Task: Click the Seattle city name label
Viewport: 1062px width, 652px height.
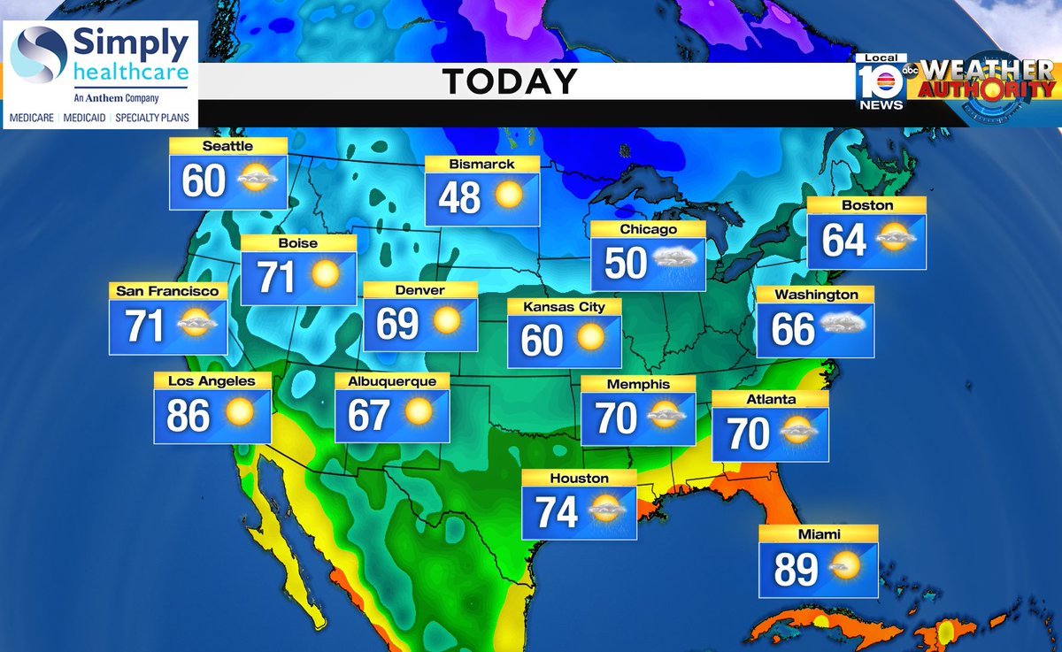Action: tap(227, 146)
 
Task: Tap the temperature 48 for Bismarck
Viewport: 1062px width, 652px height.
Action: tap(459, 198)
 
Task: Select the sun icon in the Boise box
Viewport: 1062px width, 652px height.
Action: tap(325, 275)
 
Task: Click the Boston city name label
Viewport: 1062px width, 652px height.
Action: tap(868, 205)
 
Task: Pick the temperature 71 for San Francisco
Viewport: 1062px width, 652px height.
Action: tap(145, 326)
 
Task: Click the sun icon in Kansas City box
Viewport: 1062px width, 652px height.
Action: tap(590, 338)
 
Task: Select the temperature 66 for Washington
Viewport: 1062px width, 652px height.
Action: tap(792, 330)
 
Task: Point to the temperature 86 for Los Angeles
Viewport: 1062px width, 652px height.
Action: tap(189, 415)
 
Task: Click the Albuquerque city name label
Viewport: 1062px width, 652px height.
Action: tap(392, 381)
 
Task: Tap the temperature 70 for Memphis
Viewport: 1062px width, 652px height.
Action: tap(616, 418)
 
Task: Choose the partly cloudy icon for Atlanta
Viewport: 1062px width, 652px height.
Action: tap(798, 433)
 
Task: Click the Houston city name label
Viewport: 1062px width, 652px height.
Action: tap(579, 479)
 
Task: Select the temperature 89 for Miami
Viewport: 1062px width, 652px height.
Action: tap(796, 570)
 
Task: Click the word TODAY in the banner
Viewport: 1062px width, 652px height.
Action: tap(510, 81)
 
